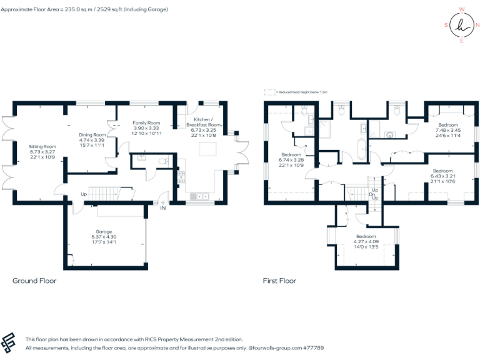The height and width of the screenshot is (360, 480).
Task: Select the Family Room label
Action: (x=147, y=123)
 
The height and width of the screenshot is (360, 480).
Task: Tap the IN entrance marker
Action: (x=163, y=208)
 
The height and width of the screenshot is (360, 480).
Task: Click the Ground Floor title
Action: (x=34, y=281)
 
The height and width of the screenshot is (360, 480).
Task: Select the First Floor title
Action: (x=279, y=281)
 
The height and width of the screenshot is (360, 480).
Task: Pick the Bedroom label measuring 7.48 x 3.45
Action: (x=447, y=125)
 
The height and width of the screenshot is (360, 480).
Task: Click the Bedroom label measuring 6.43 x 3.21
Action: (x=442, y=171)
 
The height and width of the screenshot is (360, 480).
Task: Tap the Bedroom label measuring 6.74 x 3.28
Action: (x=291, y=154)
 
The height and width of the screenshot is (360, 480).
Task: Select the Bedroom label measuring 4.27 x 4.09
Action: (x=366, y=237)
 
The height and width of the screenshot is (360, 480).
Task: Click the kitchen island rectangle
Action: (x=206, y=149)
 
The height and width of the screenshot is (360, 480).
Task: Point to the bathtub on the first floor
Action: (x=362, y=151)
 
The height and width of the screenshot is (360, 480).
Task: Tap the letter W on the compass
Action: (x=462, y=9)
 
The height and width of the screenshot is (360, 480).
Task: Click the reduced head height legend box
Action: (x=269, y=92)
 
